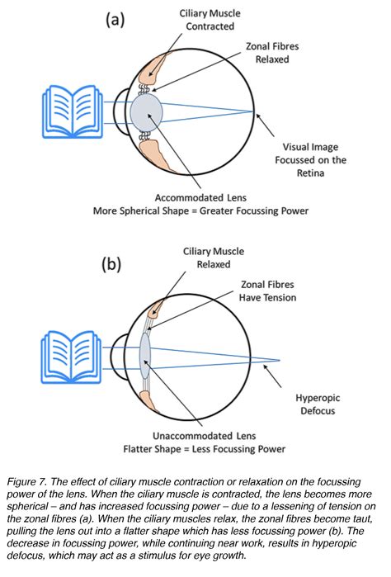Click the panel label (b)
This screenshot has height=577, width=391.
pyautogui.click(x=114, y=266)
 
